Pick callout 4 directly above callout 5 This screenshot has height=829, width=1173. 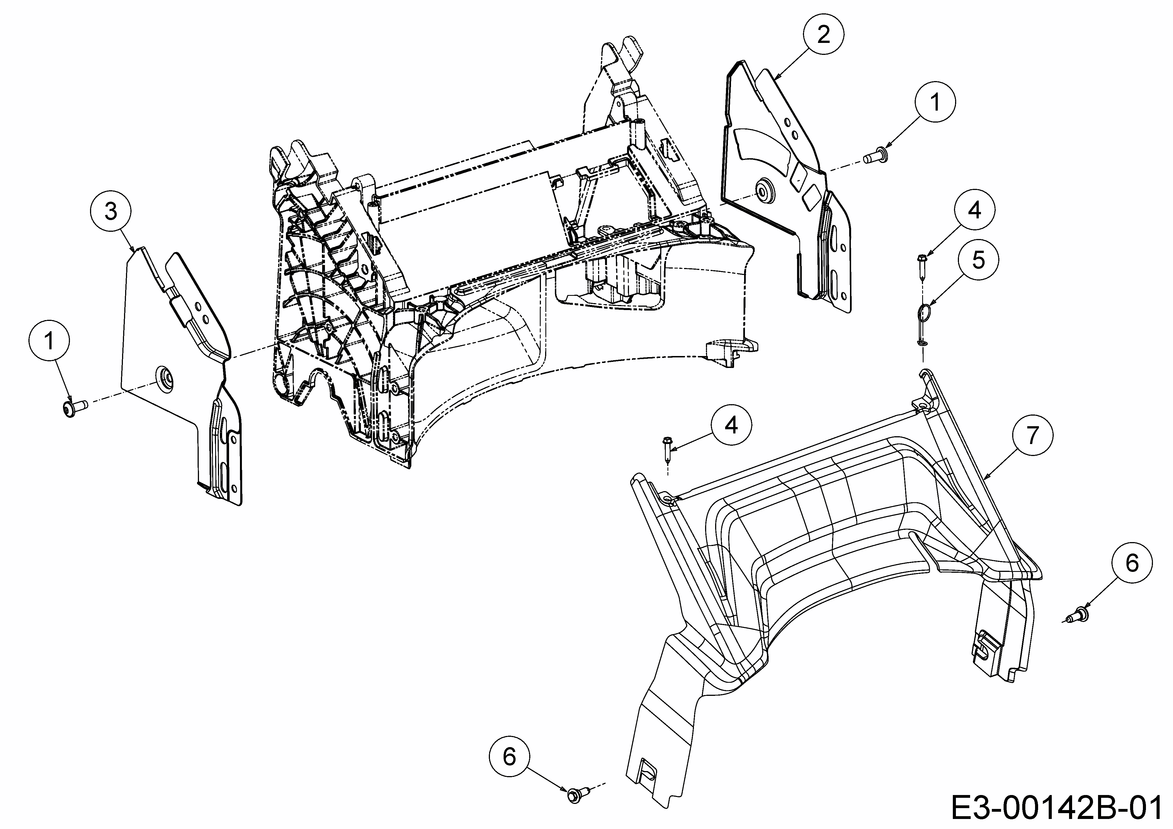pos(975,209)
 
